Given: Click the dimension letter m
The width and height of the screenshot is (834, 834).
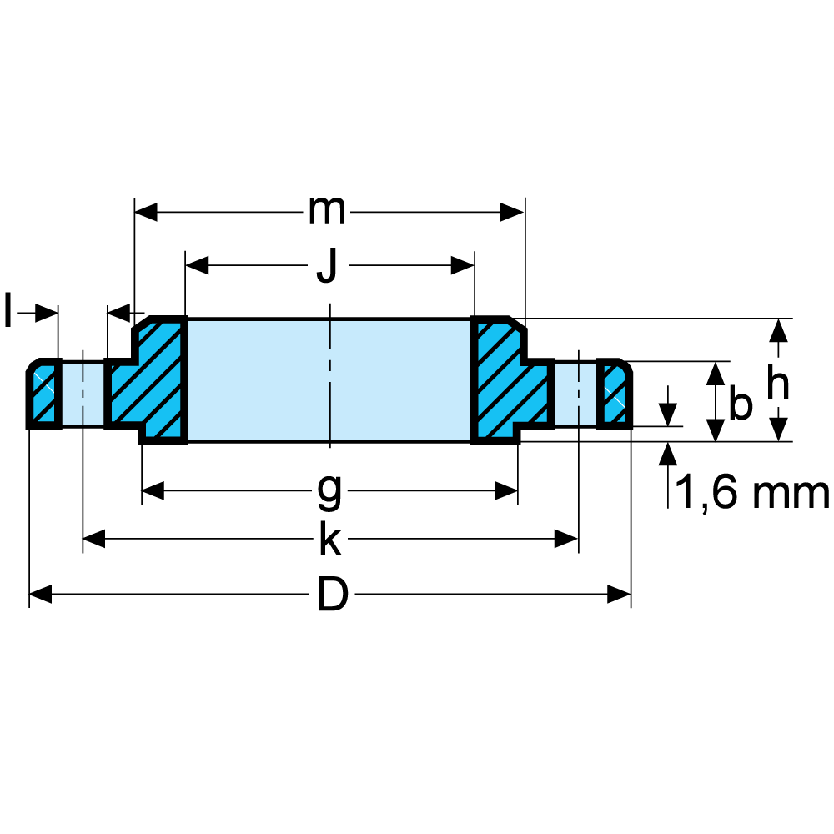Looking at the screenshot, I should (x=327, y=211).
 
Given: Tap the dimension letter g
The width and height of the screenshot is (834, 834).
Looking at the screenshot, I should (x=329, y=491).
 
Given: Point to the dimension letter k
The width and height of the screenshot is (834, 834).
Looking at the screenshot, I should (x=329, y=541).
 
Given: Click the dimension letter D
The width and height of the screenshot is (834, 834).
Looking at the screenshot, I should (x=332, y=595).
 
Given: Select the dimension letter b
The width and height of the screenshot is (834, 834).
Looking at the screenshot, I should (x=740, y=404).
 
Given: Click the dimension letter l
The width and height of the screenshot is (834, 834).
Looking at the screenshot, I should (x=8, y=312).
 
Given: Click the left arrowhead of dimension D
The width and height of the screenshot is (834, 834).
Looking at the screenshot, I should (x=40, y=595).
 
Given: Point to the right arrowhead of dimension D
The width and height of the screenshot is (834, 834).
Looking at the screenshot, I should (x=619, y=595).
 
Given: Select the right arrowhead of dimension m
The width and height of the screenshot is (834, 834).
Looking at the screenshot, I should (x=512, y=211).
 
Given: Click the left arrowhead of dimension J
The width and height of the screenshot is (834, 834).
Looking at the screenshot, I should (x=197, y=266).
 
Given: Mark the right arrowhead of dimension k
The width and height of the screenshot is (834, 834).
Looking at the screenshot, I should (x=567, y=541).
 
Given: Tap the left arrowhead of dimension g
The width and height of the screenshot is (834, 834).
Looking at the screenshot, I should (x=153, y=491).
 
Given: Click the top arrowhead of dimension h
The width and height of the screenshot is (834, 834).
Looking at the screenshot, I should (x=778, y=330).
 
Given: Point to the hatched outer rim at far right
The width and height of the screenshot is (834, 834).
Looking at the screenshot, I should (x=615, y=394).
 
